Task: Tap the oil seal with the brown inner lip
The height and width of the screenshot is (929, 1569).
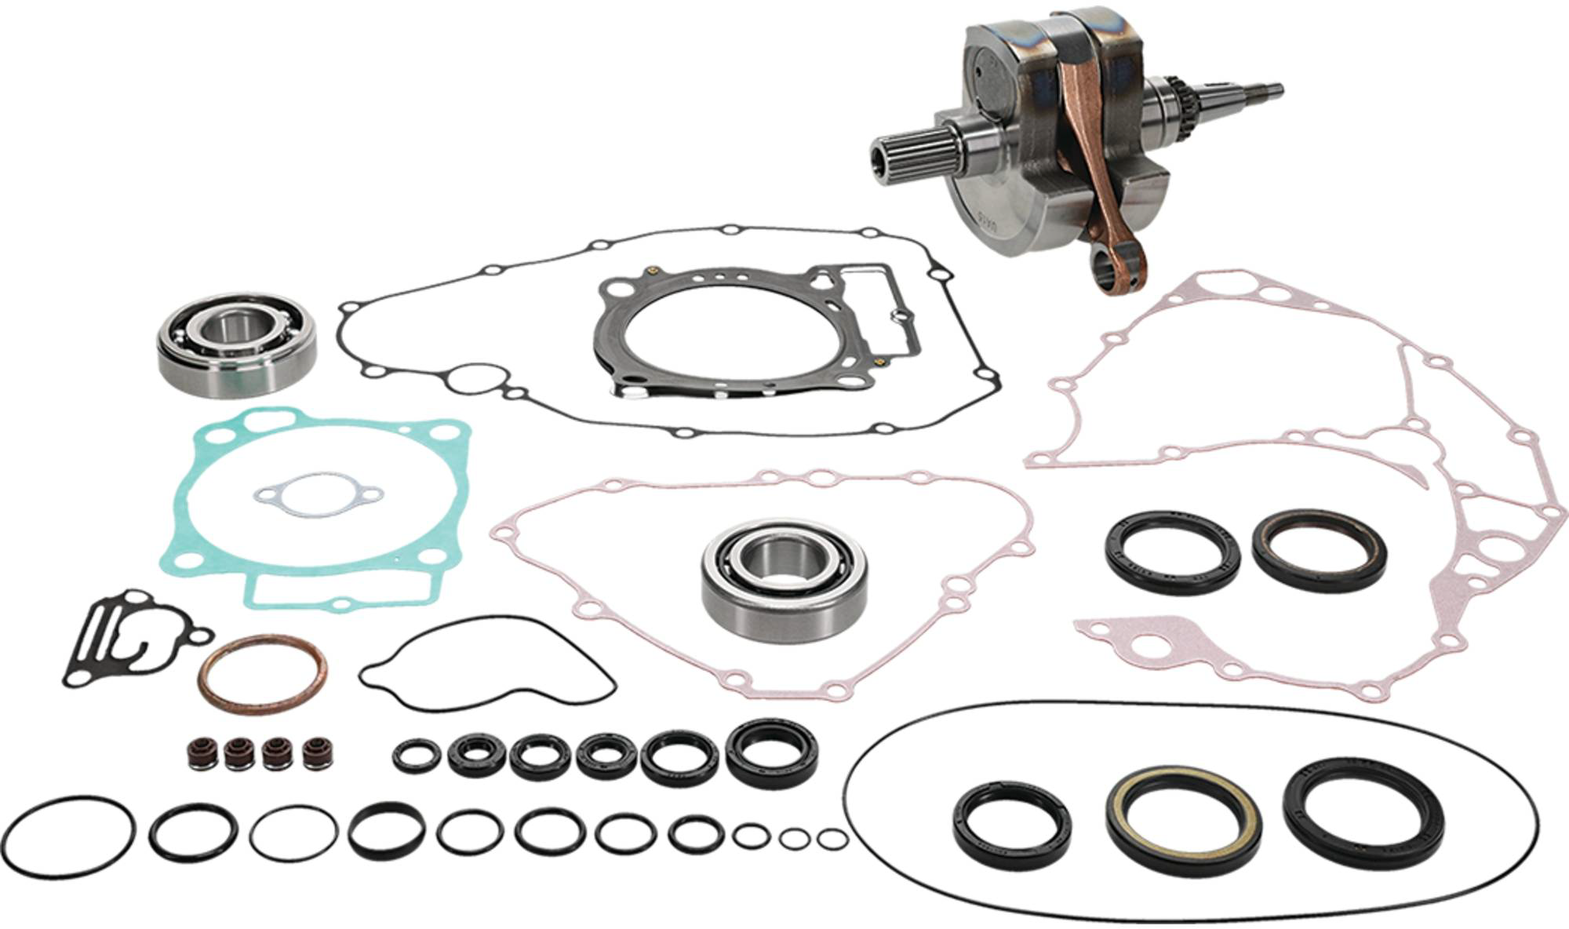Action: [x=1319, y=550]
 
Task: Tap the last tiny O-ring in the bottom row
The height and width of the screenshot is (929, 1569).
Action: [x=832, y=839]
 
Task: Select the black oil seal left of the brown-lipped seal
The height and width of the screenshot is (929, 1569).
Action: [x=1173, y=552]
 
